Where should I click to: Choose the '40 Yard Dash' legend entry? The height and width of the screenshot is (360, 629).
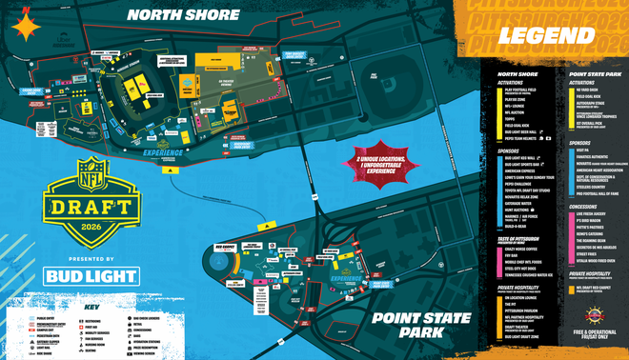click(586, 90)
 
